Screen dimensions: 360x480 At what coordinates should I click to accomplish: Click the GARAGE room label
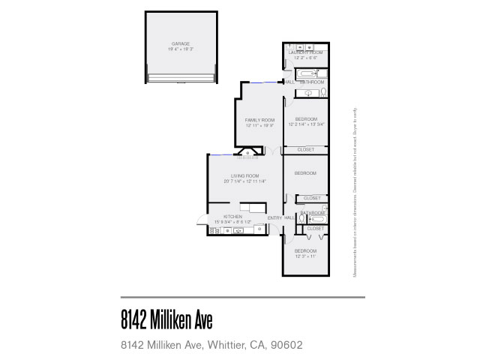tap(180, 44)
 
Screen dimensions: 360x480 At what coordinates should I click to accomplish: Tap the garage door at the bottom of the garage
tap(181, 79)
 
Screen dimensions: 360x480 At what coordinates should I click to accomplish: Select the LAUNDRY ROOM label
tap(305, 52)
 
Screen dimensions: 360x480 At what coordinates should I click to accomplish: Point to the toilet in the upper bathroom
tap(322, 93)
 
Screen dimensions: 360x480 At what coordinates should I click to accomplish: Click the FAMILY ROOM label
tap(259, 120)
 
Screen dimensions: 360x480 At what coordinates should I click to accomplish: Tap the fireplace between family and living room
tap(247, 154)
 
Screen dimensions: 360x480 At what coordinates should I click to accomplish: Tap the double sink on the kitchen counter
tap(238, 229)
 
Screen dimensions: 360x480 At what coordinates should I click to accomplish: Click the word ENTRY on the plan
tap(275, 217)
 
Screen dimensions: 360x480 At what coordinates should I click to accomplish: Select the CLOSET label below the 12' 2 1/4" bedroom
tap(305, 150)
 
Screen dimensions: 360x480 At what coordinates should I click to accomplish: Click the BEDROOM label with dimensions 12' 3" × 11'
tap(305, 250)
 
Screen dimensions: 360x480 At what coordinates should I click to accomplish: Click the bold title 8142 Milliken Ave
tap(166, 321)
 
